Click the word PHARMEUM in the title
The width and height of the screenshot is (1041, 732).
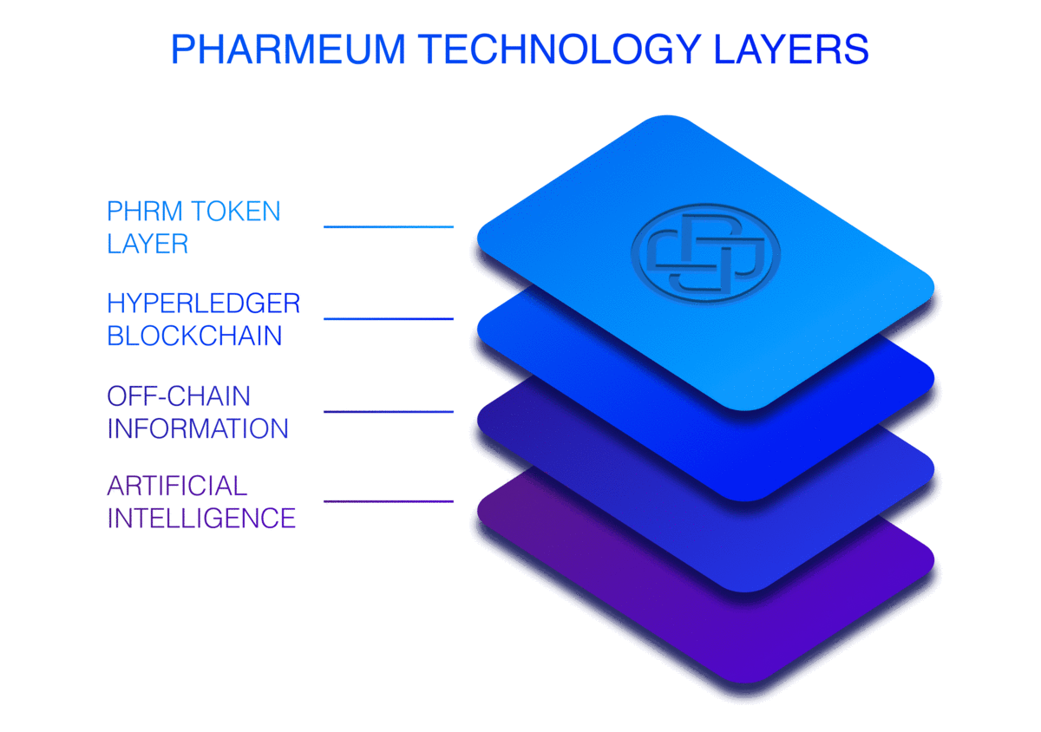coord(289,49)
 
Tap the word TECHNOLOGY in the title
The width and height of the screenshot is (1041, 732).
coord(560,49)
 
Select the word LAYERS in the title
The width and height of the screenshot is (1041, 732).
coord(791,49)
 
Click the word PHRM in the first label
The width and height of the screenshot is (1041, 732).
coord(145,211)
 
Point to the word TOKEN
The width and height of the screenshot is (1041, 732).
coord(236,211)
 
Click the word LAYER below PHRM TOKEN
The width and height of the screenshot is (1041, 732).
coord(147,244)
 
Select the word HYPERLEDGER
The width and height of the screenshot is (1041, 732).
coord(204,304)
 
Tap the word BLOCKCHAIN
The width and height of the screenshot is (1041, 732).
coord(194,336)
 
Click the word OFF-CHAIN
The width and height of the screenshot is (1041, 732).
coord(179,396)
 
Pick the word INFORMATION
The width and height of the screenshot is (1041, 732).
coord(198,428)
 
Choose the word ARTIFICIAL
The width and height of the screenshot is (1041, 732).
coord(177,486)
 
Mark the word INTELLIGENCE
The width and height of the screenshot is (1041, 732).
coord(201,518)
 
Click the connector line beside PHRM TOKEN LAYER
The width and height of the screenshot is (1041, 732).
coord(389,227)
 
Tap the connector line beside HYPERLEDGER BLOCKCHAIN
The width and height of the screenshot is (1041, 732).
coord(389,319)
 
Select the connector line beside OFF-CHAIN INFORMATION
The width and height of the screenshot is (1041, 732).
coord(389,412)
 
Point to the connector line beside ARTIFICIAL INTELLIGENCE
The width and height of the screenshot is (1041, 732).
coord(389,501)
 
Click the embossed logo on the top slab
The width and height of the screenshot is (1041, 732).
coord(705,253)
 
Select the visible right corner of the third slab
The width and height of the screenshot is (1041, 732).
coord(933,469)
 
